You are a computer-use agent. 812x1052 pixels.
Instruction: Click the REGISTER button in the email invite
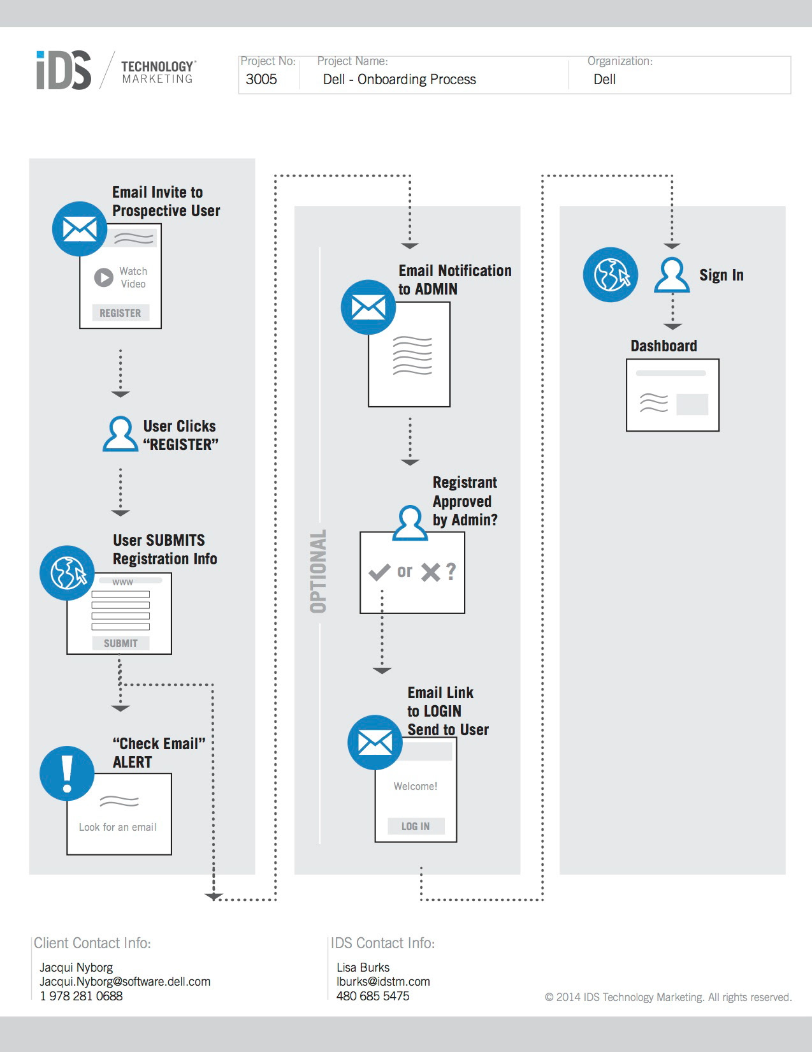[120, 313]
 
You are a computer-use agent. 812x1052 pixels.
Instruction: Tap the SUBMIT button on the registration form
[120, 643]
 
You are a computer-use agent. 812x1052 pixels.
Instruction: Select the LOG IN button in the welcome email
[416, 826]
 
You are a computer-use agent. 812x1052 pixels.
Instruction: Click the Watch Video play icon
[104, 277]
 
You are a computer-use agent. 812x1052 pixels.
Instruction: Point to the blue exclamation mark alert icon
[67, 773]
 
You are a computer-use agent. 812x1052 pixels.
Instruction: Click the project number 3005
[261, 80]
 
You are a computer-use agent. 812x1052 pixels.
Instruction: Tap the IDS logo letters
[64, 70]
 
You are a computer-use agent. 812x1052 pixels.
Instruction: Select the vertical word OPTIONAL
[318, 571]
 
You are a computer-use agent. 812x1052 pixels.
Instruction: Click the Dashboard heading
[663, 346]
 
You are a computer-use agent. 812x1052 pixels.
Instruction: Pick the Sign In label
[721, 275]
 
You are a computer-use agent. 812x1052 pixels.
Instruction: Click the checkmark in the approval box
[379, 572]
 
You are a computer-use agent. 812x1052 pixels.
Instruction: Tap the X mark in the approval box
[431, 572]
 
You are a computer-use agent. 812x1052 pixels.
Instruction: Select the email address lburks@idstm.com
[383, 982]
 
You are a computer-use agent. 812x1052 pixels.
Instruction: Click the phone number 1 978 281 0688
[81, 996]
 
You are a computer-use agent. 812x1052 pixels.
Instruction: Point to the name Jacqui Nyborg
[76, 967]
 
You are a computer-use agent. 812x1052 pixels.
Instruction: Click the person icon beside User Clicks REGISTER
[120, 434]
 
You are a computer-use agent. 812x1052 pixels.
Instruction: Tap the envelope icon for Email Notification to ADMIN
[368, 307]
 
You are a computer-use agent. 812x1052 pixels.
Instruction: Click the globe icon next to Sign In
[611, 275]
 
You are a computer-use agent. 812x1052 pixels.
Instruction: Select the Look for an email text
[117, 827]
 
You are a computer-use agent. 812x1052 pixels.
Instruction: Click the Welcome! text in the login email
[416, 787]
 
